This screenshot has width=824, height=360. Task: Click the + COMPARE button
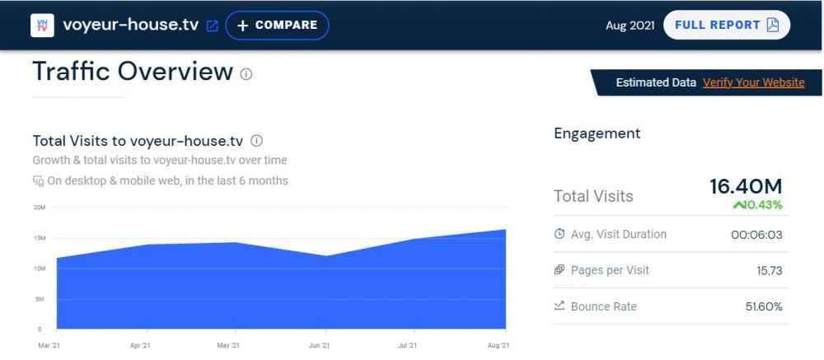[x=277, y=26]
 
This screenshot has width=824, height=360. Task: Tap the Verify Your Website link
[x=753, y=82]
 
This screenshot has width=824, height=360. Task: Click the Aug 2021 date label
[x=630, y=26]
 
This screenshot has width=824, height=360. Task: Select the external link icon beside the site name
[x=212, y=26]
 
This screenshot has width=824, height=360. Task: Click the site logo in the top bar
[x=42, y=26]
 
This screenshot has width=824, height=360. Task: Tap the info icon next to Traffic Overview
[x=246, y=74]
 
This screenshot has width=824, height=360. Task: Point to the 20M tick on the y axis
[x=39, y=207]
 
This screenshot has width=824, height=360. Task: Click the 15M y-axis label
[x=39, y=238]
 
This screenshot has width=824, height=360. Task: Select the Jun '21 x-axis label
[x=319, y=345]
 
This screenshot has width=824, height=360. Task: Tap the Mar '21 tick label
[x=49, y=345]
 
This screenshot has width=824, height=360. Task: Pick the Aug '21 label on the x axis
[x=499, y=345]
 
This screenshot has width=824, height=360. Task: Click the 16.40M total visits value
[x=746, y=187]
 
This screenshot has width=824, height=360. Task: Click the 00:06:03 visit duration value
[x=756, y=235]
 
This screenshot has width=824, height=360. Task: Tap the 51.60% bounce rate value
[x=763, y=306]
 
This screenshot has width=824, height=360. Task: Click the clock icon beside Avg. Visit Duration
[x=559, y=234]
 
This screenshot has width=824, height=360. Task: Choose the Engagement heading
[x=597, y=133]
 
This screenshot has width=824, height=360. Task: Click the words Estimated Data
[x=655, y=82]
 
